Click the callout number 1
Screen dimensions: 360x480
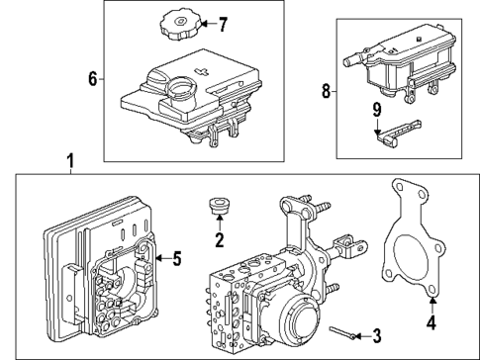click(x=68, y=159)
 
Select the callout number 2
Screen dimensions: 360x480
click(x=219, y=239)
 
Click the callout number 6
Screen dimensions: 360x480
click(x=92, y=78)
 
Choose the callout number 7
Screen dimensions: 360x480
click(x=223, y=23)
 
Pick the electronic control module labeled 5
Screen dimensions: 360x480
click(x=99, y=267)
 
